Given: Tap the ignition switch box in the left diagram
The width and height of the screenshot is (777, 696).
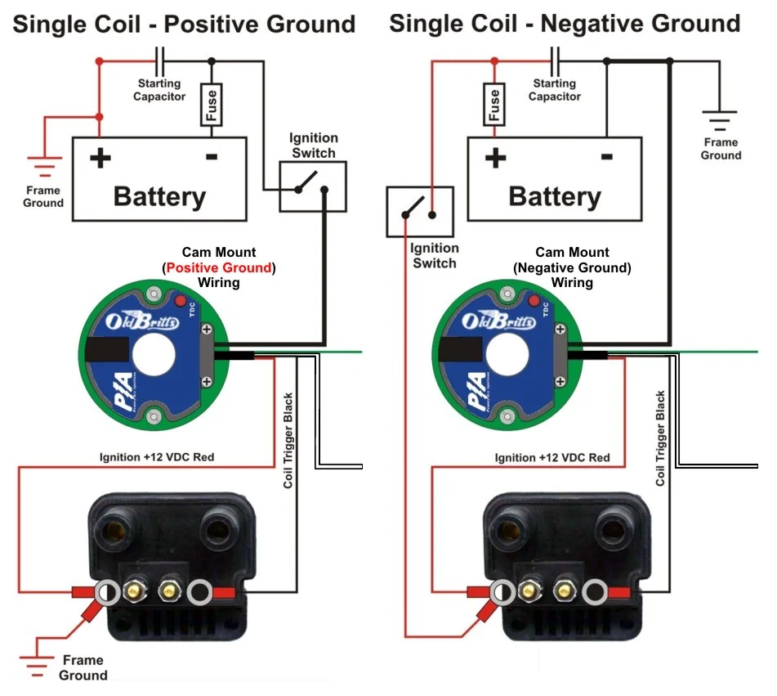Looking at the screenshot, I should [x=313, y=185].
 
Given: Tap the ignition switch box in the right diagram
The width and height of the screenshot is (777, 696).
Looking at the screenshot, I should [x=420, y=210].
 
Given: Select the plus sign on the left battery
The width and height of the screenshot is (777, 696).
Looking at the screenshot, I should [x=100, y=157].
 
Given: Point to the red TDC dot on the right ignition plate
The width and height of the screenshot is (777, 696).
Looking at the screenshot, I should [x=534, y=303].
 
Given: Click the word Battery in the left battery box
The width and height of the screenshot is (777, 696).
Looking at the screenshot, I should [x=159, y=196].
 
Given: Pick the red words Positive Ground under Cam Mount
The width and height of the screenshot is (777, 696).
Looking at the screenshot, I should [x=218, y=268].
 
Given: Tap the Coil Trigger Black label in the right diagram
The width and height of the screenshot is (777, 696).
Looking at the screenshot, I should [x=661, y=438].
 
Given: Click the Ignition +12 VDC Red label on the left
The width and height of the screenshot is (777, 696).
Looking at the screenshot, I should [x=157, y=456].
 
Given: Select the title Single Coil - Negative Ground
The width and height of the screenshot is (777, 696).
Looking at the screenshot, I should [x=565, y=23].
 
